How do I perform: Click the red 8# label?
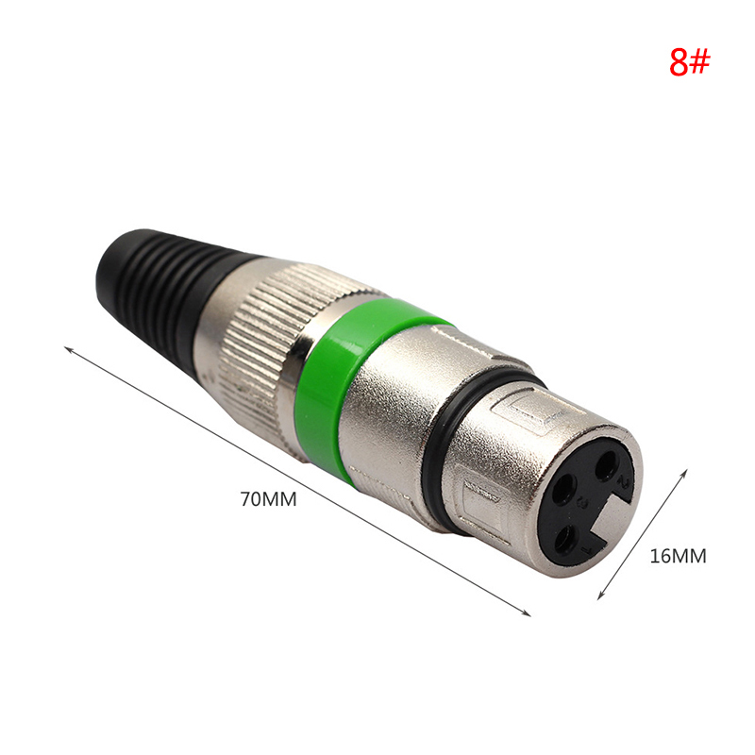[690, 61]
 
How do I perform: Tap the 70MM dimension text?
[268, 499]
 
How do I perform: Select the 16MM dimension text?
[678, 556]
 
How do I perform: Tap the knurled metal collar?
[270, 346]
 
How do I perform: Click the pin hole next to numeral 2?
[606, 465]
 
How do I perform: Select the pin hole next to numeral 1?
[566, 540]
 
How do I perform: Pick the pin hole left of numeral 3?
[564, 489]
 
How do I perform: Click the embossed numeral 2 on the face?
[625, 481]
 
